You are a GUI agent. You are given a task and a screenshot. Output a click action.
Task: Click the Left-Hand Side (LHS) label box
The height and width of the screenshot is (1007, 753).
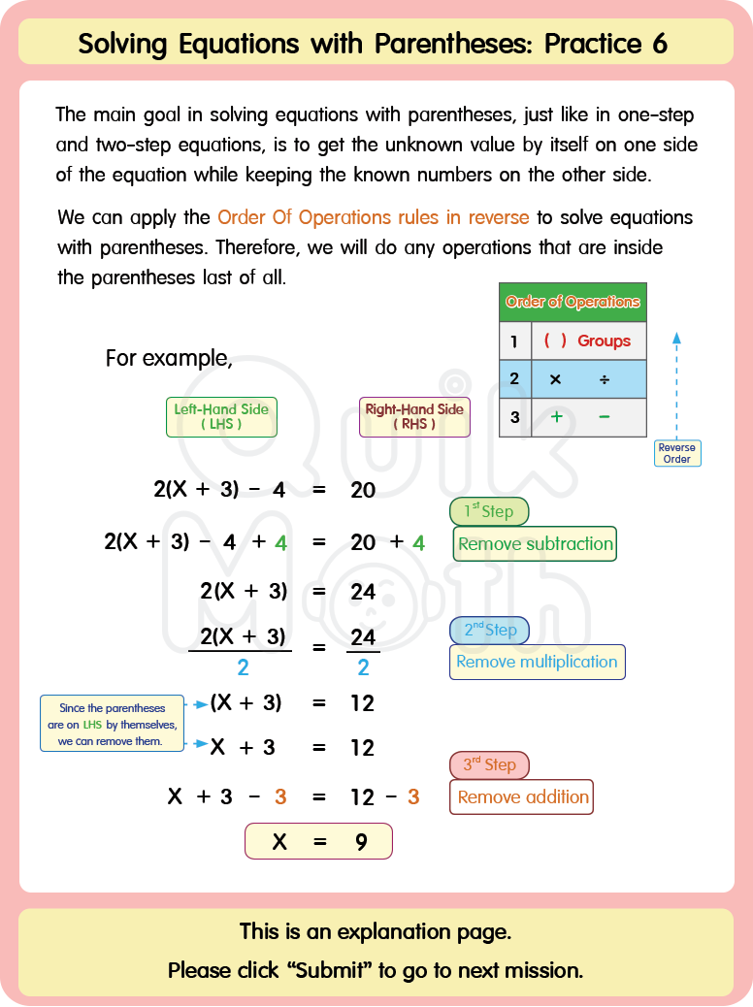(221, 416)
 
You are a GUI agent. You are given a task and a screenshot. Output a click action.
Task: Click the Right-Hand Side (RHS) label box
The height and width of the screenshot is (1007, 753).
(414, 416)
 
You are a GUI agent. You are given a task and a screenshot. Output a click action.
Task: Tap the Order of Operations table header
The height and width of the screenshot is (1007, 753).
(573, 302)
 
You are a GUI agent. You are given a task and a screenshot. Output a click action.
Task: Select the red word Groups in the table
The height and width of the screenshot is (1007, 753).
(604, 341)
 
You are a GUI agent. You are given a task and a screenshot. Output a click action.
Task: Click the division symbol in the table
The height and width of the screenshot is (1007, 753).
(604, 379)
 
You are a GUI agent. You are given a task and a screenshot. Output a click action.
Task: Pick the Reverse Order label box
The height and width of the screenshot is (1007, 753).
(676, 453)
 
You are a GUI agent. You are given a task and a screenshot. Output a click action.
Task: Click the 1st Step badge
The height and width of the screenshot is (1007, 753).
(489, 511)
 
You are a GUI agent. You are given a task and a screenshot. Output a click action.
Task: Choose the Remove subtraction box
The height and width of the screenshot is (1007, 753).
(535, 543)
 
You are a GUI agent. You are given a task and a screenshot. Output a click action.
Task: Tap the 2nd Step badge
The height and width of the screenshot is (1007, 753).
(489, 630)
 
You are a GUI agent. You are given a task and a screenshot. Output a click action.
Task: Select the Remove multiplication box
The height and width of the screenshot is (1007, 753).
(537, 662)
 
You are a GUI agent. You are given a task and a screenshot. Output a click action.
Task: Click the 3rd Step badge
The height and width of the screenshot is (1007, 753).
(489, 764)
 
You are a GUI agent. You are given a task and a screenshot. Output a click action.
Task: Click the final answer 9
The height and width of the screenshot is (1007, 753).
(361, 842)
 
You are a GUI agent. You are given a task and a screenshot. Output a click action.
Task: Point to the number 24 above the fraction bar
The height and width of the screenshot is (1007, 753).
(363, 636)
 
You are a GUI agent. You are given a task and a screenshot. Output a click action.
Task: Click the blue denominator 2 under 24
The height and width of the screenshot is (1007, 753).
(363, 667)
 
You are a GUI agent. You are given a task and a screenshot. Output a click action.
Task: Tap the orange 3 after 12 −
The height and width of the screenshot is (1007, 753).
(413, 797)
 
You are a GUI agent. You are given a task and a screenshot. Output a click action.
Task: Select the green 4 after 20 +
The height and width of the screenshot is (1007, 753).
(419, 543)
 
